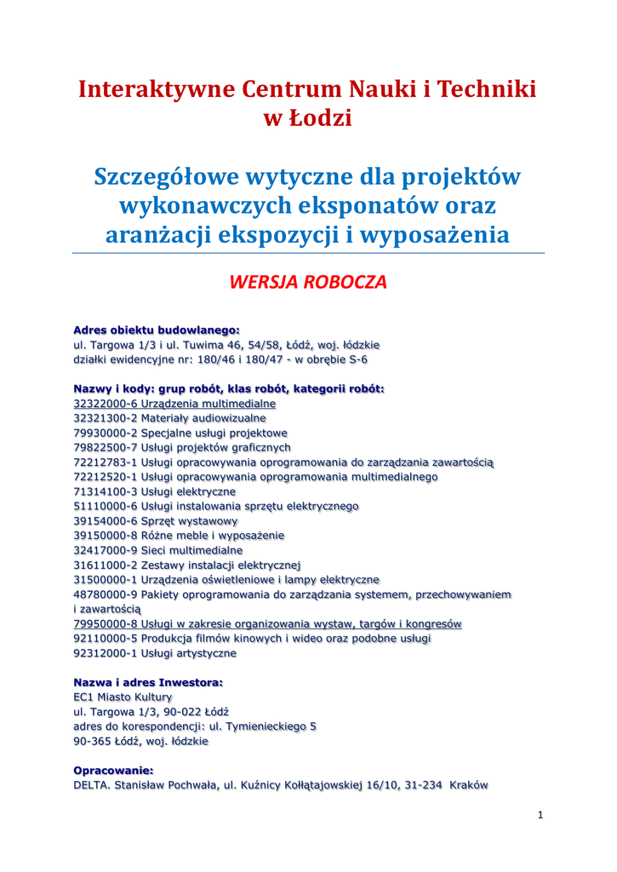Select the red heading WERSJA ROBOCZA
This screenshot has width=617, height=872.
(x=308, y=283)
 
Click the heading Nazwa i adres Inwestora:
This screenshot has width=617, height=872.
(x=148, y=683)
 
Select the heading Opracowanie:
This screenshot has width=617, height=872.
(x=113, y=771)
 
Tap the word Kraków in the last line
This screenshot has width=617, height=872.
(x=469, y=785)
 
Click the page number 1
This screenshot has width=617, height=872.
(x=540, y=815)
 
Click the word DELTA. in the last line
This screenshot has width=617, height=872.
(x=92, y=785)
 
